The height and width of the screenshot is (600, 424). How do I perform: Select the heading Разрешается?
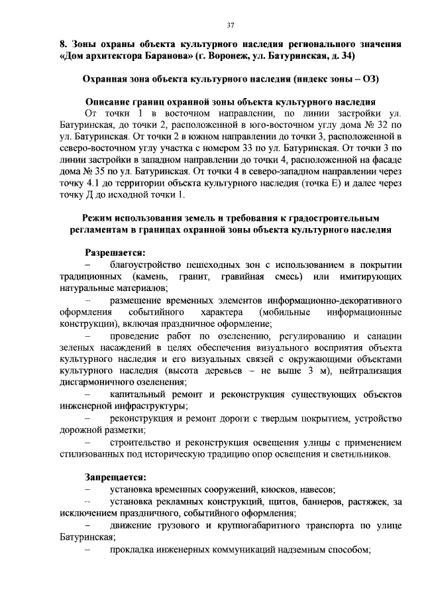(x=115, y=253)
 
